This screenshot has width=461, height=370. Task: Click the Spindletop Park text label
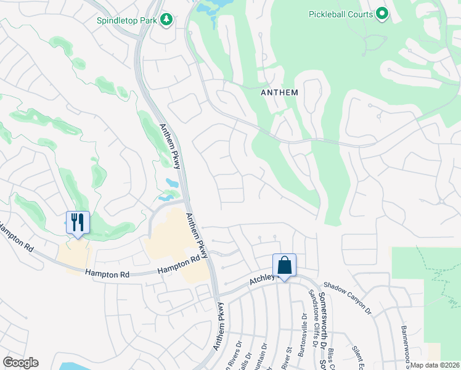pyautogui.click(x=127, y=20)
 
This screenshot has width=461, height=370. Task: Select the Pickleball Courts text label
pyautogui.click(x=340, y=14)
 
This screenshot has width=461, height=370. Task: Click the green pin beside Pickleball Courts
pyautogui.click(x=382, y=14)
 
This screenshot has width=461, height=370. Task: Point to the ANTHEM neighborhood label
pyautogui.click(x=279, y=92)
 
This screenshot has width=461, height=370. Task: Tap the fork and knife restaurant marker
pyautogui.click(x=78, y=222)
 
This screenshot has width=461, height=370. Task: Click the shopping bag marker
pyautogui.click(x=284, y=265)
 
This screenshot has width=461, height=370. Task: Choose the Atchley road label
pyautogui.click(x=261, y=280)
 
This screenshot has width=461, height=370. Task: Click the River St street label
pyautogui.click(x=287, y=358)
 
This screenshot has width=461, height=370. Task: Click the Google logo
pyautogui.click(x=20, y=363)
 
